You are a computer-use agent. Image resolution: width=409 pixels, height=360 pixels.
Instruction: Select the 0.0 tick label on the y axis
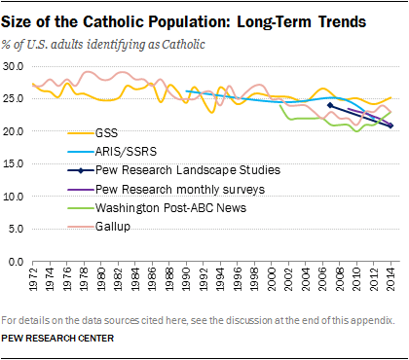click(x=18, y=263)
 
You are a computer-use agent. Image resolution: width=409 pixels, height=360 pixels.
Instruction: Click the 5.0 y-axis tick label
click(x=18, y=230)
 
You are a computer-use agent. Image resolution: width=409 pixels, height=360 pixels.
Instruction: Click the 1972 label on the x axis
click(x=33, y=279)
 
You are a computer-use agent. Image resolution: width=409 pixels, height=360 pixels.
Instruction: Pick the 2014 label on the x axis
click(x=390, y=279)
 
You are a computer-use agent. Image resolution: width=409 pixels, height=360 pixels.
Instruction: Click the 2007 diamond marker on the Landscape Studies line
click(x=331, y=105)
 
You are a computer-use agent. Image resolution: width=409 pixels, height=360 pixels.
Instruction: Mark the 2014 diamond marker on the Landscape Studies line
click(x=390, y=126)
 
